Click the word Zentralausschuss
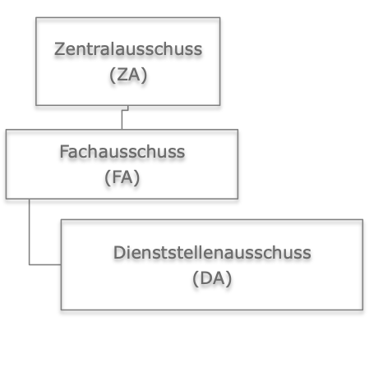coord(128,49)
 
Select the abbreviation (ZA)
coord(128,75)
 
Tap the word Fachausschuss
coord(122,152)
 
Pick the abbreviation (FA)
coord(122,177)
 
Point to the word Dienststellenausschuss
coord(212,252)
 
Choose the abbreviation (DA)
coord(212,278)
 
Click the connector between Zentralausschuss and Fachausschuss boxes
coord(122,117)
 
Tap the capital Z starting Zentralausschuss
coord(60,49)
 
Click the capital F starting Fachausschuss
coord(64,152)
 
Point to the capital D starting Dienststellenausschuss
coord(119,252)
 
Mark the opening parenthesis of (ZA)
coord(113,75)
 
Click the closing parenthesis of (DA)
coord(229,278)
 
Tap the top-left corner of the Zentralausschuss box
coord(36,17)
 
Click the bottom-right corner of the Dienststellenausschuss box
coord(363,310)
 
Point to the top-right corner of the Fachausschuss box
coord(238,130)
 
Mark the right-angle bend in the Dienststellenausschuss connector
coord(30,264)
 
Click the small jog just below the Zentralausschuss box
coord(125,110)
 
